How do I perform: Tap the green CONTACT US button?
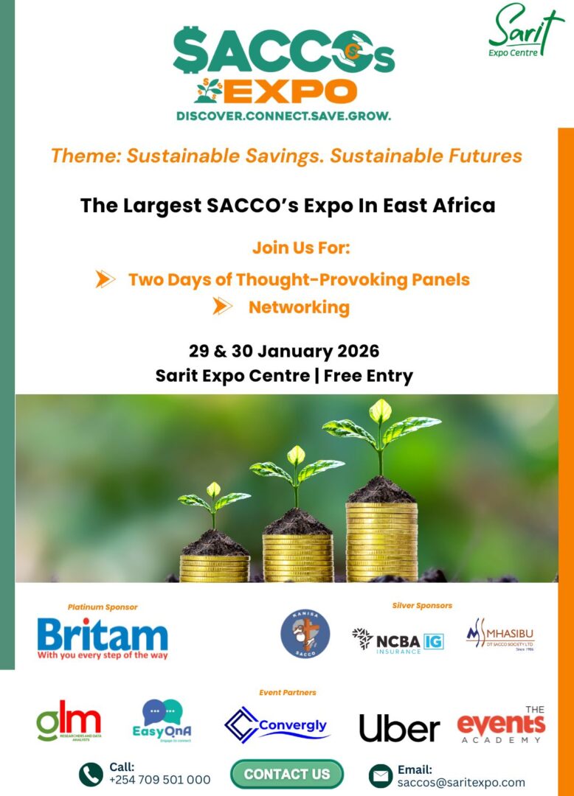pos(287,774)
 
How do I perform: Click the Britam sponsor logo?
pos(103,638)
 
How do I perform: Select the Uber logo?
pos(399,728)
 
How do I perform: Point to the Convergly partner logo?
pos(277,725)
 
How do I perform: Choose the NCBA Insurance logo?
pos(398,640)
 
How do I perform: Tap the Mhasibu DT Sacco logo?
pos(500,635)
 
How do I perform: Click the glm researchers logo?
pos(69,722)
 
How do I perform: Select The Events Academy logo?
pos(502,725)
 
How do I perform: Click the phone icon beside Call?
pos(91,774)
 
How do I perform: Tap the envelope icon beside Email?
pos(381,775)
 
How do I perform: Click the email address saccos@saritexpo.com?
pos(461,782)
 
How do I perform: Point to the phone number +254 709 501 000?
pos(159,780)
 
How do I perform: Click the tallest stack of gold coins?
pos(381,542)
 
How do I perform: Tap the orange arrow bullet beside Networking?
pos(222,306)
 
